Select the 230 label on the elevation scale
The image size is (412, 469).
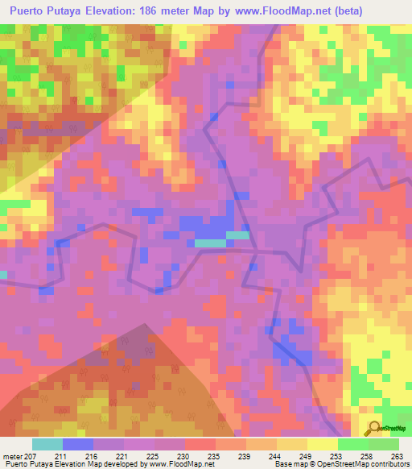185,455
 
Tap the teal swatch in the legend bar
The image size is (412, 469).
47,444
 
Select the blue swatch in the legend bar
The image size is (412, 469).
78,444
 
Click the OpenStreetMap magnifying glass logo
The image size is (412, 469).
374,427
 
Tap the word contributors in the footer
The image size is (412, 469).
387,464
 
